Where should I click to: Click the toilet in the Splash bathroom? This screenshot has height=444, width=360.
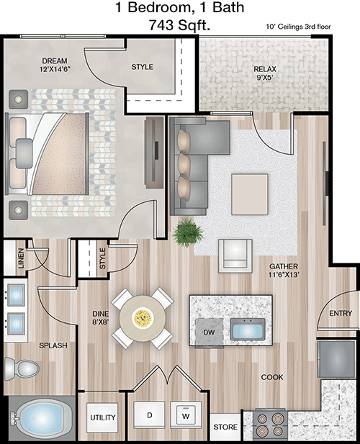tap(22, 368)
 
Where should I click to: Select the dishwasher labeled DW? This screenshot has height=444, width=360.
tap(210, 332)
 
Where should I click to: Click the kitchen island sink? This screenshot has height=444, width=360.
tap(248, 330)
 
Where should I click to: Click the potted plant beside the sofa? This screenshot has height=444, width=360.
tap(187, 232)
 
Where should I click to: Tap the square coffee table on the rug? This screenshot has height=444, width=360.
tap(250, 194)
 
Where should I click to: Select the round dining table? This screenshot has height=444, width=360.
tap(143, 318)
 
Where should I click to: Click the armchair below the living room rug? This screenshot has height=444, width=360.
tap(235, 256)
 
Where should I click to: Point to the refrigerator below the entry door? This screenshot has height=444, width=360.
tap(336, 359)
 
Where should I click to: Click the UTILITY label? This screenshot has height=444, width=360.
tap(102, 417)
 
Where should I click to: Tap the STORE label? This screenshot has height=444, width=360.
tap(225, 427)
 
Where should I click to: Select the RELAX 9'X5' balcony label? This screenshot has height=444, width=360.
tap(265, 73)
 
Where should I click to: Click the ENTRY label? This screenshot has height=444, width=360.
tap(341, 313)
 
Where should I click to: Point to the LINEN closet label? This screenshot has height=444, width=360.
tap(21, 258)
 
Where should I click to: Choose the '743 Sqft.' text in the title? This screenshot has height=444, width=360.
tap(179, 25)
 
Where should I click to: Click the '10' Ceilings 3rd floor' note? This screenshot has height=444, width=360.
tap(298, 27)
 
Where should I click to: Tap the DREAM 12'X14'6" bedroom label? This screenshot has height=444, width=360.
tap(55, 65)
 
